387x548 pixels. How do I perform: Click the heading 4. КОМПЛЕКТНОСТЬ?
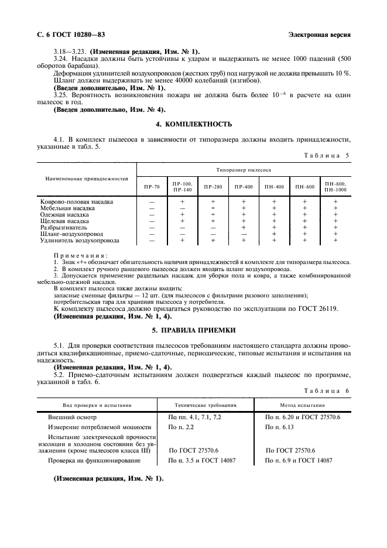click(x=193, y=124)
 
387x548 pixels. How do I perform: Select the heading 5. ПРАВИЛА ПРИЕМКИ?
click(x=193, y=330)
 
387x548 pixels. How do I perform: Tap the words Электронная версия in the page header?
click(x=320, y=35)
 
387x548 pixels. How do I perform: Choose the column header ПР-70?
click(x=152, y=187)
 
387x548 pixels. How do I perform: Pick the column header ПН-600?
click(x=304, y=187)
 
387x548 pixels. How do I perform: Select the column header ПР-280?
click(x=213, y=187)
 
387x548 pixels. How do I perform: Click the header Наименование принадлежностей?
click(x=86, y=177)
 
